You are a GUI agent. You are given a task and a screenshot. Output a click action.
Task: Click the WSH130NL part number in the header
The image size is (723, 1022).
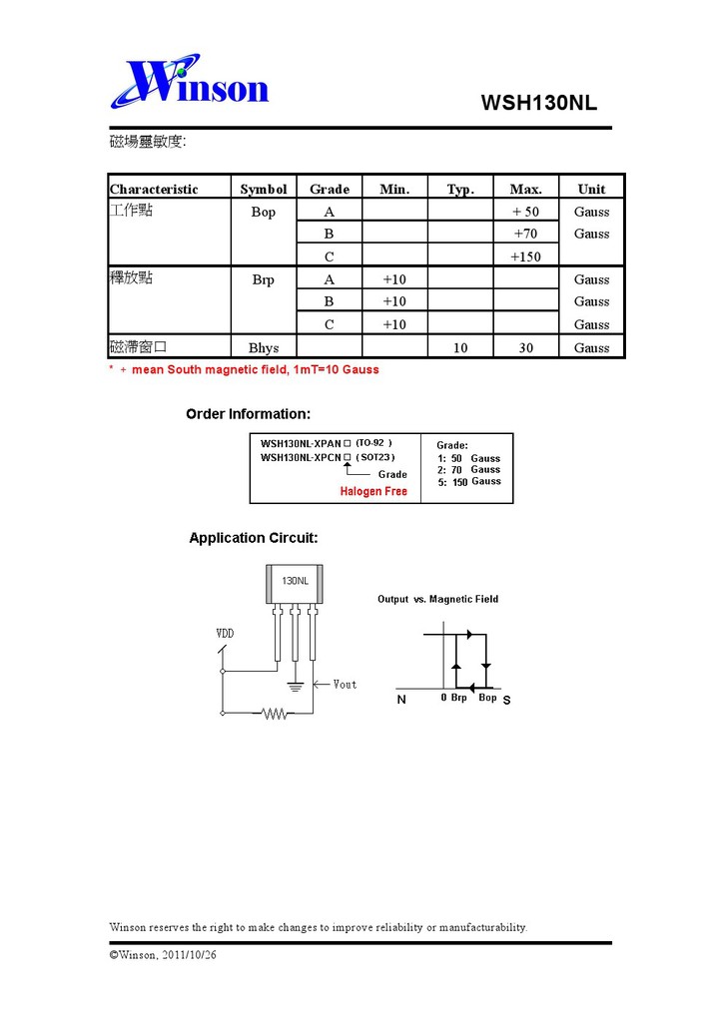[x=538, y=103]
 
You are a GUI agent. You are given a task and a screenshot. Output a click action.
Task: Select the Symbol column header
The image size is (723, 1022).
[x=264, y=189]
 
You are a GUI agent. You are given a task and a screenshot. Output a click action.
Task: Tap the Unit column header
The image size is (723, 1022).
[x=591, y=189]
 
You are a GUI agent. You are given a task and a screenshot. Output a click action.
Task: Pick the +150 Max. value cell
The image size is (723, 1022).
[x=525, y=256]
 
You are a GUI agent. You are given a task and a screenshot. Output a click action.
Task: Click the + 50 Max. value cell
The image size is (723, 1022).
[x=525, y=212]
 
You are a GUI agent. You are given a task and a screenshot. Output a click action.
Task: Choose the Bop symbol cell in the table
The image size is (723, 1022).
[x=264, y=212]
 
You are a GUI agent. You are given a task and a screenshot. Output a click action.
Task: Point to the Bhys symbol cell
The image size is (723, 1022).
[x=264, y=347]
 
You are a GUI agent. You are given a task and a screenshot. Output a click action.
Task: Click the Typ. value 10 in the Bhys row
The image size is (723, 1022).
[x=459, y=347]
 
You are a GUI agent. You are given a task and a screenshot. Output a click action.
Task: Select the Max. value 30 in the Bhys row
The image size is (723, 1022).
[x=525, y=347]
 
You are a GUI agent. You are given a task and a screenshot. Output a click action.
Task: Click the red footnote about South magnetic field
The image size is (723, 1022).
[x=244, y=369]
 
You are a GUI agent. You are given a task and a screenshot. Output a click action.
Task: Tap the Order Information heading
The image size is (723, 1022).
[x=248, y=414]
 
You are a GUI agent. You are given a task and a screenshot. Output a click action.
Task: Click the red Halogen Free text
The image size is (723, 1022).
[x=373, y=491]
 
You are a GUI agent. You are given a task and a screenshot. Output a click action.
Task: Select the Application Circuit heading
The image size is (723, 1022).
[x=254, y=538]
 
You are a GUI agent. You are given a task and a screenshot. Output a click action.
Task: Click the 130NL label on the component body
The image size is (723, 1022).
[x=295, y=580]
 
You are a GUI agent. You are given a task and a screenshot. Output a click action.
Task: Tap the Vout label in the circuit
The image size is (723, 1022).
[x=345, y=684]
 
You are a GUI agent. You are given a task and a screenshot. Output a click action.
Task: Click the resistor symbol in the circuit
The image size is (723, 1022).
[x=274, y=713]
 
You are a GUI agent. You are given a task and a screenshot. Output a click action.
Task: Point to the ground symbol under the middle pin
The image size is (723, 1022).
[x=295, y=686]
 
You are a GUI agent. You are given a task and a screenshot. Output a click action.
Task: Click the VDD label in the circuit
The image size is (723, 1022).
[x=225, y=634]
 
